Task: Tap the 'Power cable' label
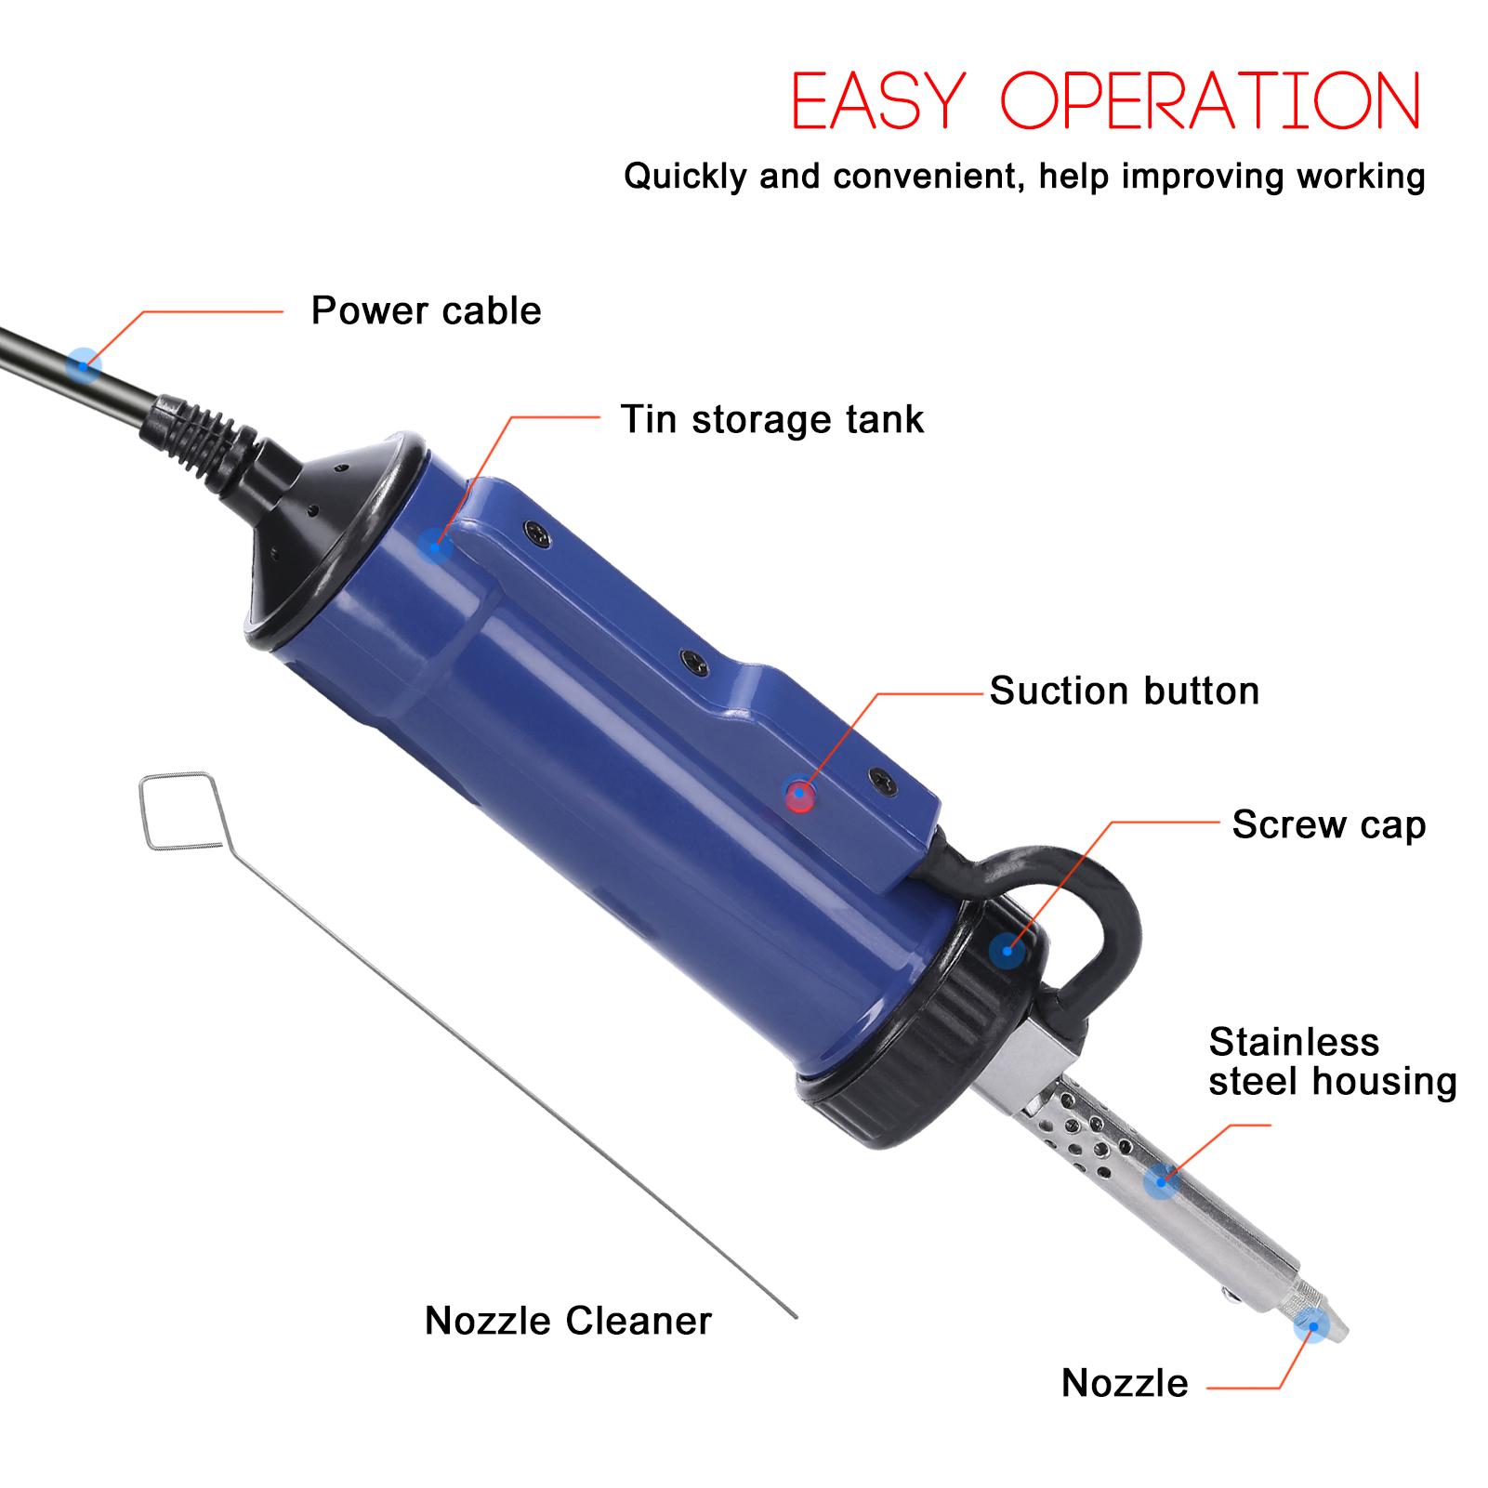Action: pos(426,310)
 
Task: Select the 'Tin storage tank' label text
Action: pos(771,419)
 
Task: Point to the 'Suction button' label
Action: pos(1124,691)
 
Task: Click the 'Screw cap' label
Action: pos(1328,824)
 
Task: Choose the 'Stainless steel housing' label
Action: pos(1331,1061)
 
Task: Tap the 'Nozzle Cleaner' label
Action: pos(568,1321)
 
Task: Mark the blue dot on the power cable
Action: pos(84,363)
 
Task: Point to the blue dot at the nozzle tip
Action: pos(1311,1323)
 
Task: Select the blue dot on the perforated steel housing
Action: pos(1160,1181)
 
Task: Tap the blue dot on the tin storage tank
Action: pos(434,545)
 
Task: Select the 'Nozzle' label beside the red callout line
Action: pos(1125,1383)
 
